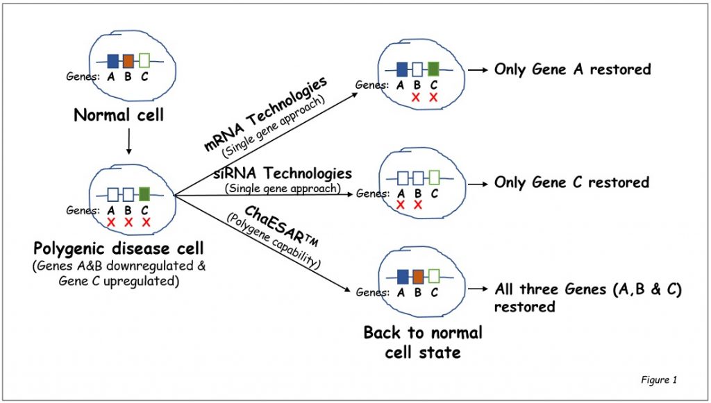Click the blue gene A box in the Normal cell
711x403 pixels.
pyautogui.click(x=113, y=60)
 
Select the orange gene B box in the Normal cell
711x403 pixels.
pyautogui.click(x=128, y=60)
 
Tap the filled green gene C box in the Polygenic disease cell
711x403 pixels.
pyautogui.click(x=144, y=194)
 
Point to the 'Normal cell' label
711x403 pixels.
pyautogui.click(x=119, y=115)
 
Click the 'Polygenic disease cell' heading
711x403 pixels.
pyautogui.click(x=119, y=248)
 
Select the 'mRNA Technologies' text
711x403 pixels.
pyautogui.click(x=265, y=114)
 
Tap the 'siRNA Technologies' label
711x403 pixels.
pyautogui.click(x=283, y=173)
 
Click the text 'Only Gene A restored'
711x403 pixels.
pyautogui.click(x=572, y=69)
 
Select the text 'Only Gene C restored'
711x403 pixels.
pyautogui.click(x=572, y=182)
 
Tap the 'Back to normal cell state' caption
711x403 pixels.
pyautogui.click(x=423, y=343)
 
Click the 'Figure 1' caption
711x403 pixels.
pyautogui.click(x=659, y=380)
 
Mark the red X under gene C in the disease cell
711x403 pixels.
pyautogui.click(x=146, y=223)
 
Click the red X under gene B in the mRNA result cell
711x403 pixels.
pyautogui.click(x=416, y=97)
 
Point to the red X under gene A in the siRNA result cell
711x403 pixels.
pyautogui.click(x=401, y=205)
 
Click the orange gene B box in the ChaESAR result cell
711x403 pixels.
pyautogui.click(x=417, y=276)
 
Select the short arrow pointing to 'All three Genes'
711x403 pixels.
pyautogui.click(x=478, y=289)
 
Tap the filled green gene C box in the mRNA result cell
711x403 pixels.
pyautogui.click(x=433, y=69)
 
